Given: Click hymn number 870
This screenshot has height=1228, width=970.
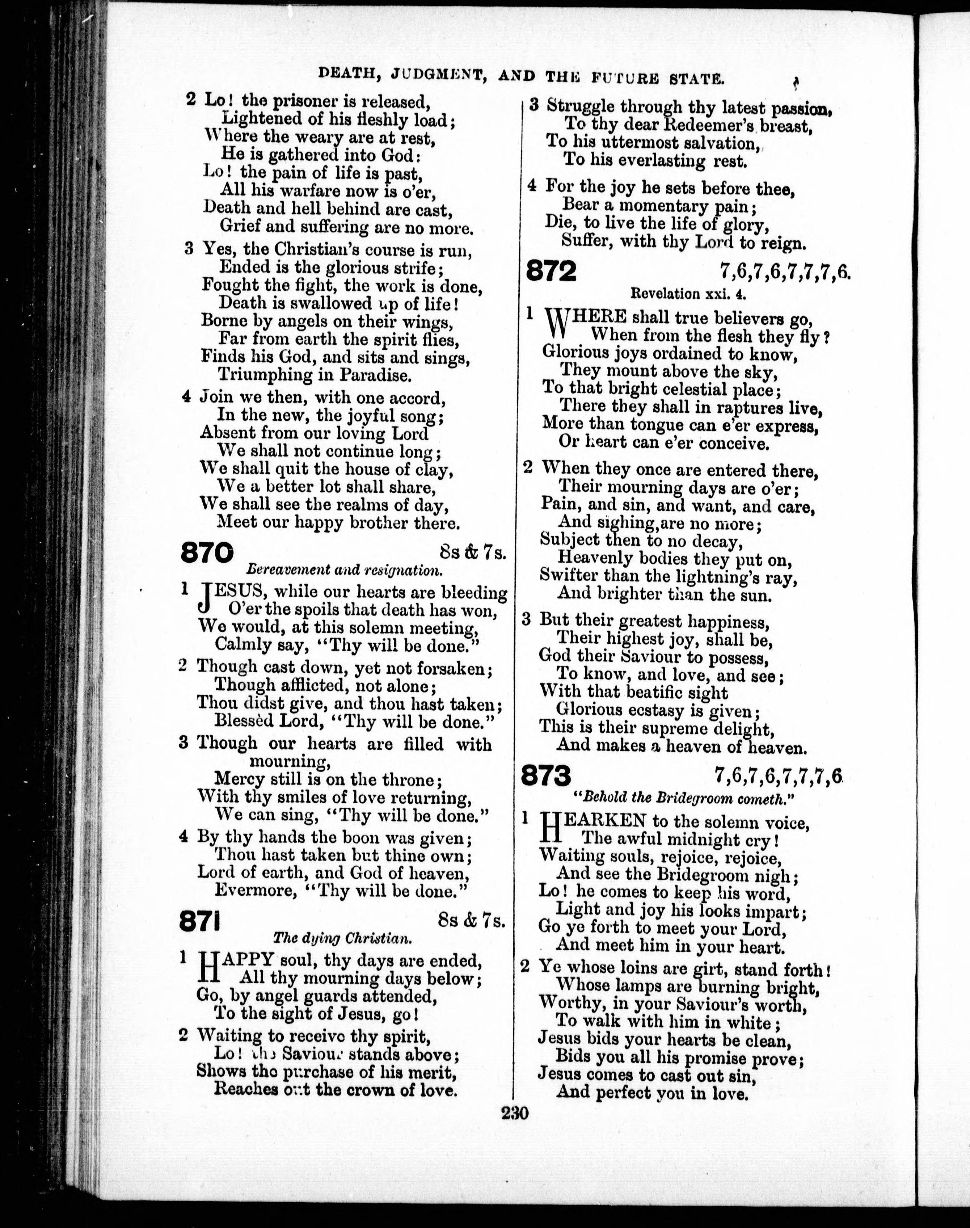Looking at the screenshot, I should pyautogui.click(x=207, y=552).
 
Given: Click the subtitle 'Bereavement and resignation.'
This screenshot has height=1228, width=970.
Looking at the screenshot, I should pyautogui.click(x=344, y=569).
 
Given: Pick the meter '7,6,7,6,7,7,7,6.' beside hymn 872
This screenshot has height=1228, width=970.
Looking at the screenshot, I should pyautogui.click(x=785, y=273).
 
